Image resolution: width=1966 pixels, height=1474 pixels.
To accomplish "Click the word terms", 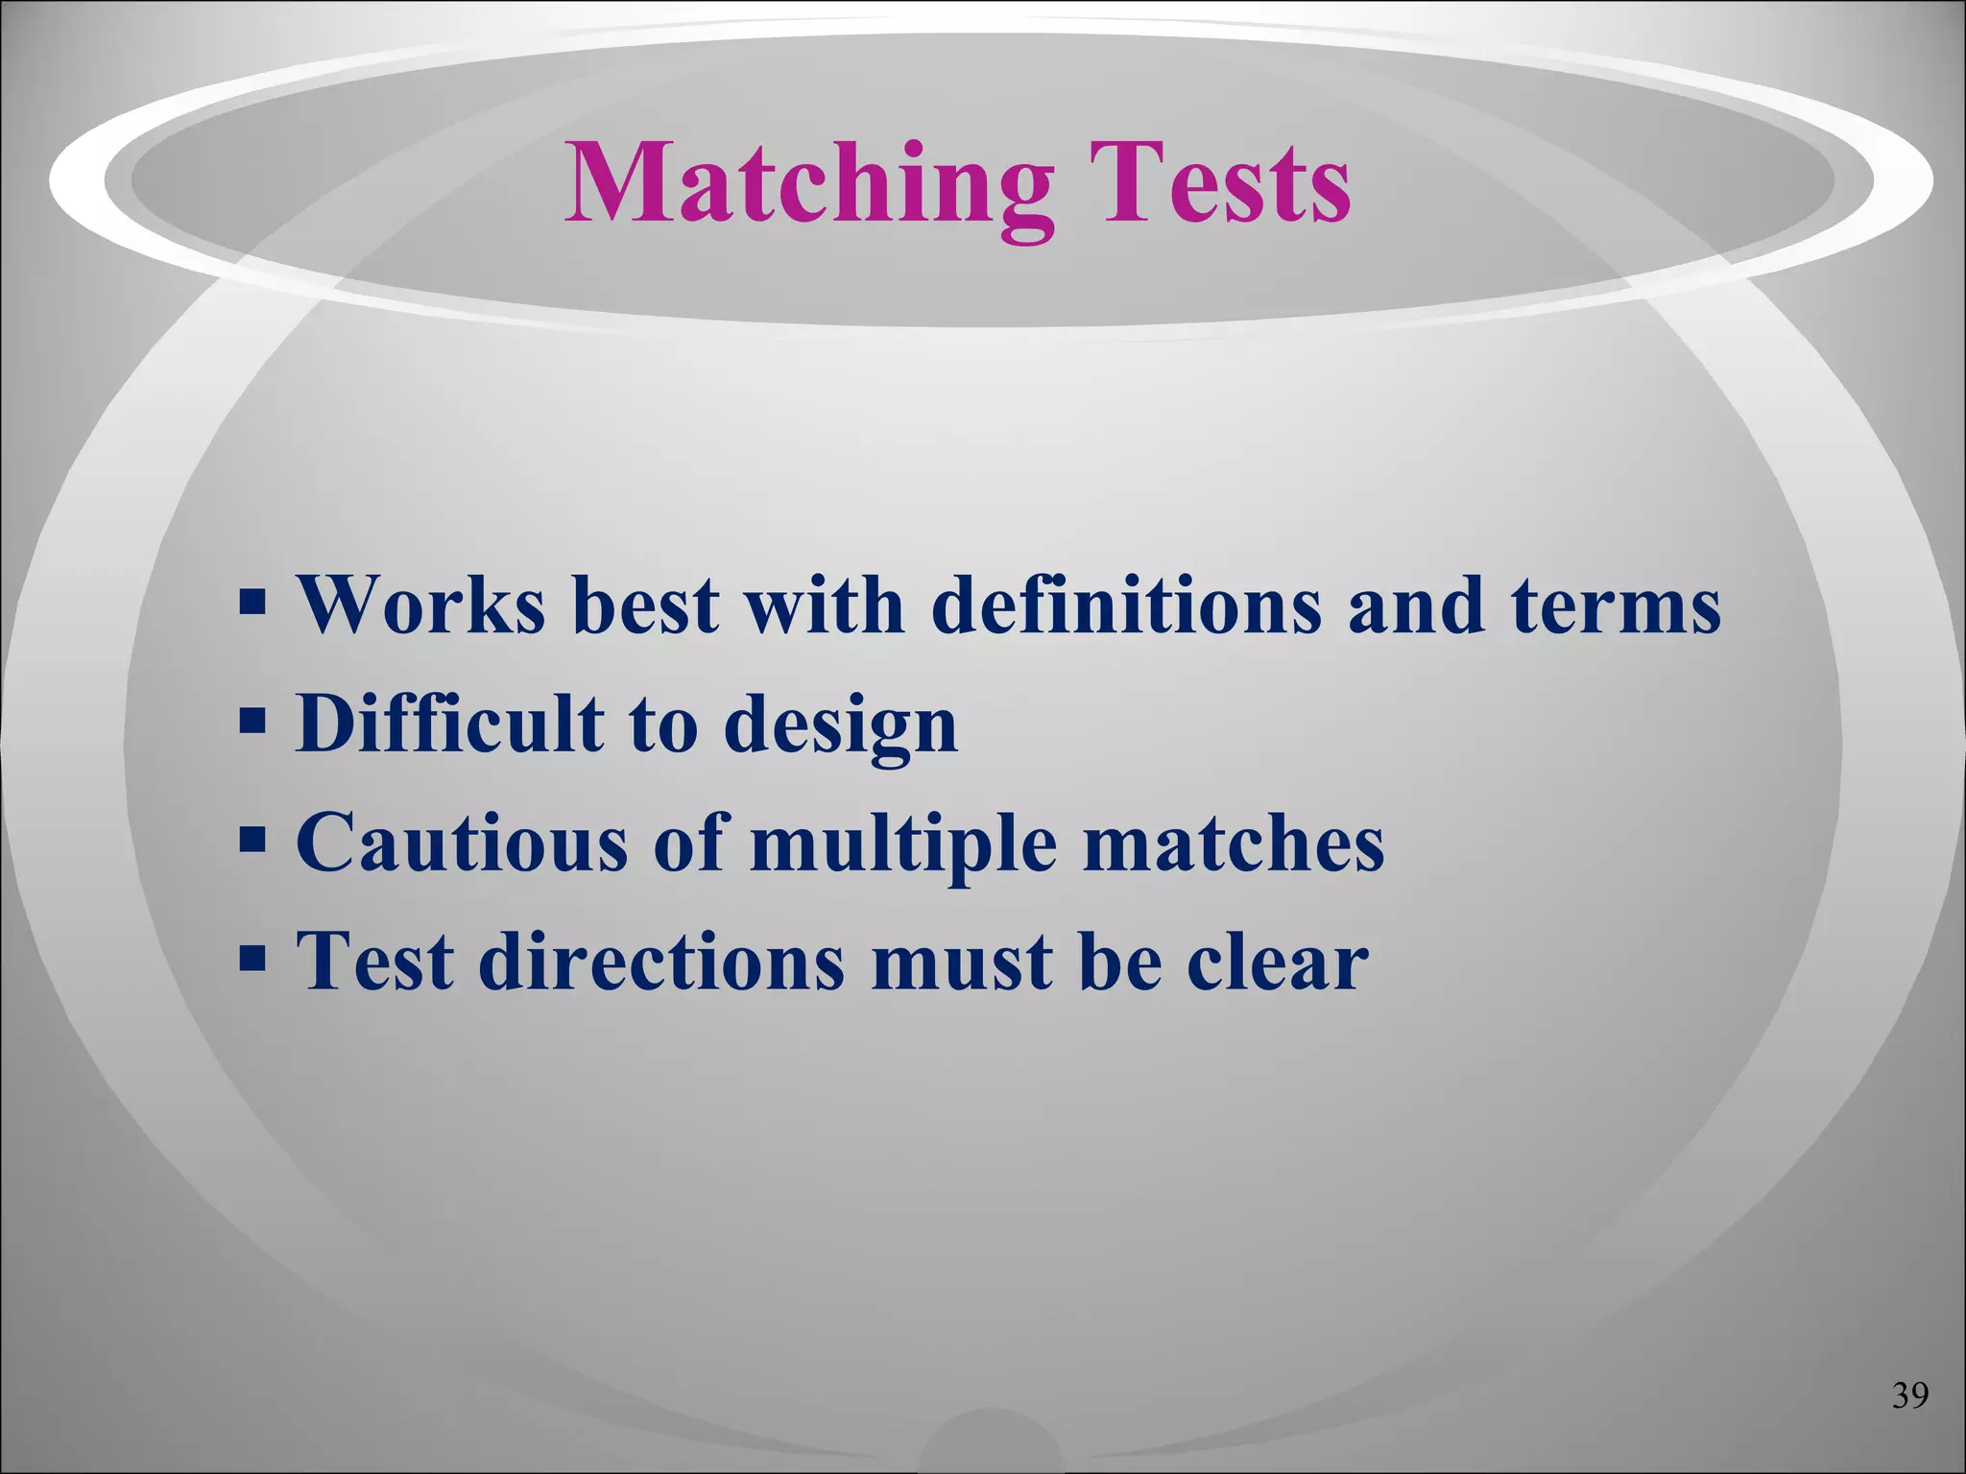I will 1616,606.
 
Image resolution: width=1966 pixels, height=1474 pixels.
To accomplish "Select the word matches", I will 1233,842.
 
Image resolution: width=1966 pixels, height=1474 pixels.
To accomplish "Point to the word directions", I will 661,961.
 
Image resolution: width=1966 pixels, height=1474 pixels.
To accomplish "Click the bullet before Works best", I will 252,605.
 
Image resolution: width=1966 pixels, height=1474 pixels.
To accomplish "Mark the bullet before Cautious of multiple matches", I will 252,841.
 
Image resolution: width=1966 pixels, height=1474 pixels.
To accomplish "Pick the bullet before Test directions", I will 252,959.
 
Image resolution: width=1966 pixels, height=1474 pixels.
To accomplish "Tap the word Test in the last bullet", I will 375,961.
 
